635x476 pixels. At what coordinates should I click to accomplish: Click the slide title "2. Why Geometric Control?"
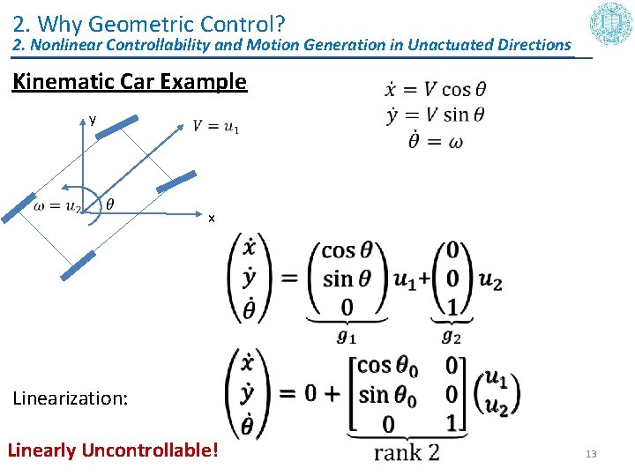(x=148, y=20)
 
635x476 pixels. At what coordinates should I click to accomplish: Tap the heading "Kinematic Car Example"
(x=129, y=82)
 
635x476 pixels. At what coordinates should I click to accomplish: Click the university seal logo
(x=609, y=24)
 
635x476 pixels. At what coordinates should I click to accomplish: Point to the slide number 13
(x=591, y=454)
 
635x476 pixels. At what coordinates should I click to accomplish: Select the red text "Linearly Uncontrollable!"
(x=113, y=450)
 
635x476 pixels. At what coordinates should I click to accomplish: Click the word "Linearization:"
(x=71, y=398)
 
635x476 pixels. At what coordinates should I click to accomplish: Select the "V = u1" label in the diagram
(x=215, y=127)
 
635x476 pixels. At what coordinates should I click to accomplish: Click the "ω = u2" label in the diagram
(x=57, y=206)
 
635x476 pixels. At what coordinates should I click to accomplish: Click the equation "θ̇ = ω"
(x=435, y=140)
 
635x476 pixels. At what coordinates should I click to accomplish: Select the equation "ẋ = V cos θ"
(x=435, y=89)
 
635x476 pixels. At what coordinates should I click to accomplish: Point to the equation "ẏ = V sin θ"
(x=435, y=115)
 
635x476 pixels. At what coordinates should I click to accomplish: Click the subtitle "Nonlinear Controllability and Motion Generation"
(x=291, y=44)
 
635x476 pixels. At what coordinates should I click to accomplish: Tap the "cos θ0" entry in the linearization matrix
(x=388, y=366)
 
